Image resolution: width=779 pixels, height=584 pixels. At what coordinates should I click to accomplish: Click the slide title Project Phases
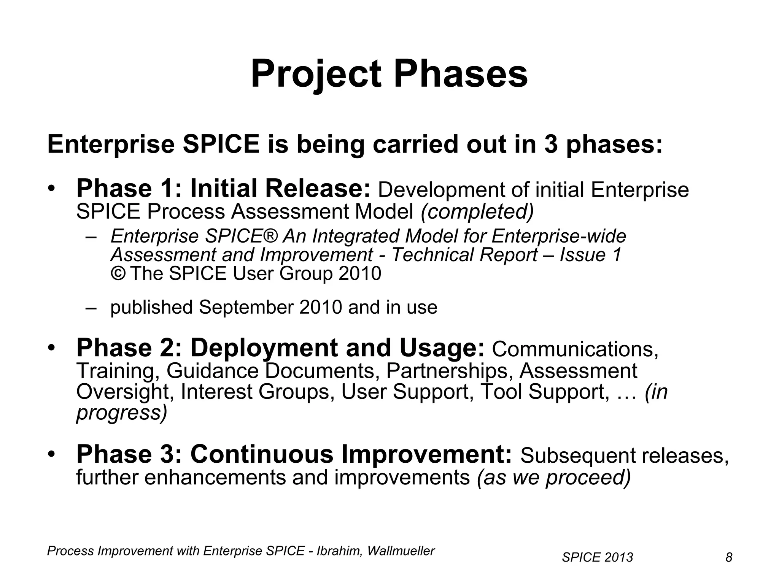click(x=389, y=74)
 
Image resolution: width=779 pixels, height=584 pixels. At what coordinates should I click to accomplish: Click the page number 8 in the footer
click(x=729, y=557)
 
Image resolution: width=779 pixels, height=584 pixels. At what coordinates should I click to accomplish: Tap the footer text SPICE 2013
click(x=597, y=557)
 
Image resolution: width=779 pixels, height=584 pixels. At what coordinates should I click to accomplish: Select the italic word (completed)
click(x=477, y=212)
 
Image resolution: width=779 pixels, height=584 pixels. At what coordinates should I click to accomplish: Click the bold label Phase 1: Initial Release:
click(x=223, y=189)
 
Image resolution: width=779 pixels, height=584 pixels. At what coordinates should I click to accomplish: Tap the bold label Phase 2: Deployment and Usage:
click(x=280, y=348)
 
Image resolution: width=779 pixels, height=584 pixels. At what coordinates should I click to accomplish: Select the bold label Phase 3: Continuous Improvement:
click(x=294, y=454)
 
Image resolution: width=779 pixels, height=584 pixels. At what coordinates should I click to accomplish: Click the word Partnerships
click(x=447, y=371)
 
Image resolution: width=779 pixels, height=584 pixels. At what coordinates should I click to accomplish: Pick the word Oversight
click(x=125, y=392)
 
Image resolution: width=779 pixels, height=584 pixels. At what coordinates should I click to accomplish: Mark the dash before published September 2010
click(x=91, y=308)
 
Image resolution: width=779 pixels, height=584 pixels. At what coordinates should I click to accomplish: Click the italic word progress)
click(x=122, y=413)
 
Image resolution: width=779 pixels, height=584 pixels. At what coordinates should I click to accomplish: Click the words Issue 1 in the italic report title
click(x=590, y=255)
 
